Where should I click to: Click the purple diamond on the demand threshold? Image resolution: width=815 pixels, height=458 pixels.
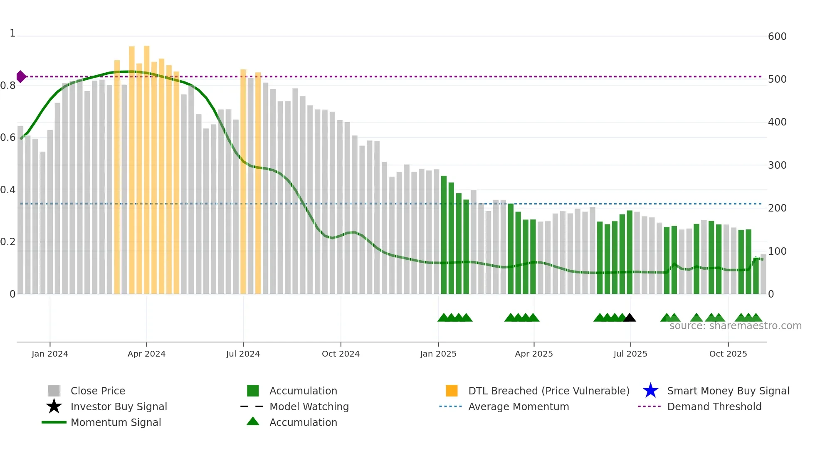(21, 76)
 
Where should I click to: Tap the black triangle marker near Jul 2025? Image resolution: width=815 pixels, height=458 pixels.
(630, 318)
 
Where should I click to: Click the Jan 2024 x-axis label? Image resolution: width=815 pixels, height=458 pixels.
(50, 354)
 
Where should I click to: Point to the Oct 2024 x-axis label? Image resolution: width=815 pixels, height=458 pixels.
(341, 354)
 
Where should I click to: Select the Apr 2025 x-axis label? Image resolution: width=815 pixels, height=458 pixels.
(534, 354)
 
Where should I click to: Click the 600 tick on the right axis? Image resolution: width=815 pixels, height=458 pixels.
(777, 37)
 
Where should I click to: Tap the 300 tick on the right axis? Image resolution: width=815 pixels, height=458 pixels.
(777, 165)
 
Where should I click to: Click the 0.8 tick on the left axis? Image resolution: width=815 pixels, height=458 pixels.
(8, 86)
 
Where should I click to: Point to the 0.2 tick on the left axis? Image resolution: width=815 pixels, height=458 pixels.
(8, 242)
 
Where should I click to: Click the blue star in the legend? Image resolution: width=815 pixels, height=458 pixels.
(650, 391)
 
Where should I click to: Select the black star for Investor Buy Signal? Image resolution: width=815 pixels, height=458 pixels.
(54, 406)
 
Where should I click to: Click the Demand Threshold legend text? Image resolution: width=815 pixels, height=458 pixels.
(714, 406)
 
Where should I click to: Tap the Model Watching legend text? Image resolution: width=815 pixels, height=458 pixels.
(309, 406)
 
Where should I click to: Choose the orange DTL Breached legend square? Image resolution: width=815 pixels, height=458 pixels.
(452, 391)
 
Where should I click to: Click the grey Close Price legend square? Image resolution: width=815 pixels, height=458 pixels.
(54, 391)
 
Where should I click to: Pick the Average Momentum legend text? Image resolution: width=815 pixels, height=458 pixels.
(519, 406)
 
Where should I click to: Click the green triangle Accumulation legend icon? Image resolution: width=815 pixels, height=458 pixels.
(253, 422)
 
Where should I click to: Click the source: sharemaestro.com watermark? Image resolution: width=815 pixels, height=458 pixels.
(735, 326)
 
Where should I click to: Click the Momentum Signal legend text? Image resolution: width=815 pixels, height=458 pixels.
(116, 422)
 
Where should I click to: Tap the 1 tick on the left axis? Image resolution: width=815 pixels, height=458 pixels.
(12, 33)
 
